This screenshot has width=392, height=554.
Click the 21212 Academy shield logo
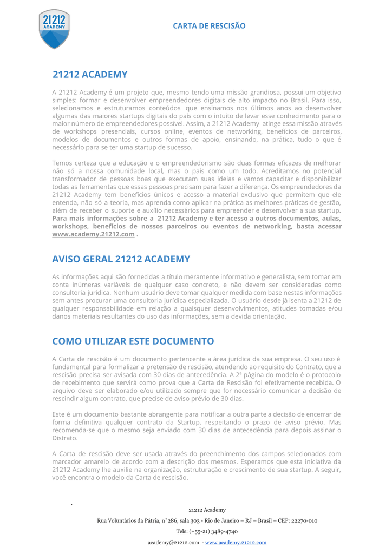coord(54,29)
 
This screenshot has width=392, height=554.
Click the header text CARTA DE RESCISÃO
coord(209,26)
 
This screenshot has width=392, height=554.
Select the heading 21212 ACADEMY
coord(90,75)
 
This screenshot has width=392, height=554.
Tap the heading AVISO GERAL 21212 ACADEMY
coord(121,259)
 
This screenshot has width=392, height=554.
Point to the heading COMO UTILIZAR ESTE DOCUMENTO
coord(133,341)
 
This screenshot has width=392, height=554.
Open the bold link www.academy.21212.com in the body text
coord(93,234)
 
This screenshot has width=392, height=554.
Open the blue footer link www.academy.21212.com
coord(236,542)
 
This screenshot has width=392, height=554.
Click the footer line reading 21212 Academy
coord(207,510)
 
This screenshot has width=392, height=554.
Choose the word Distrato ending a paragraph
coord(65,438)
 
